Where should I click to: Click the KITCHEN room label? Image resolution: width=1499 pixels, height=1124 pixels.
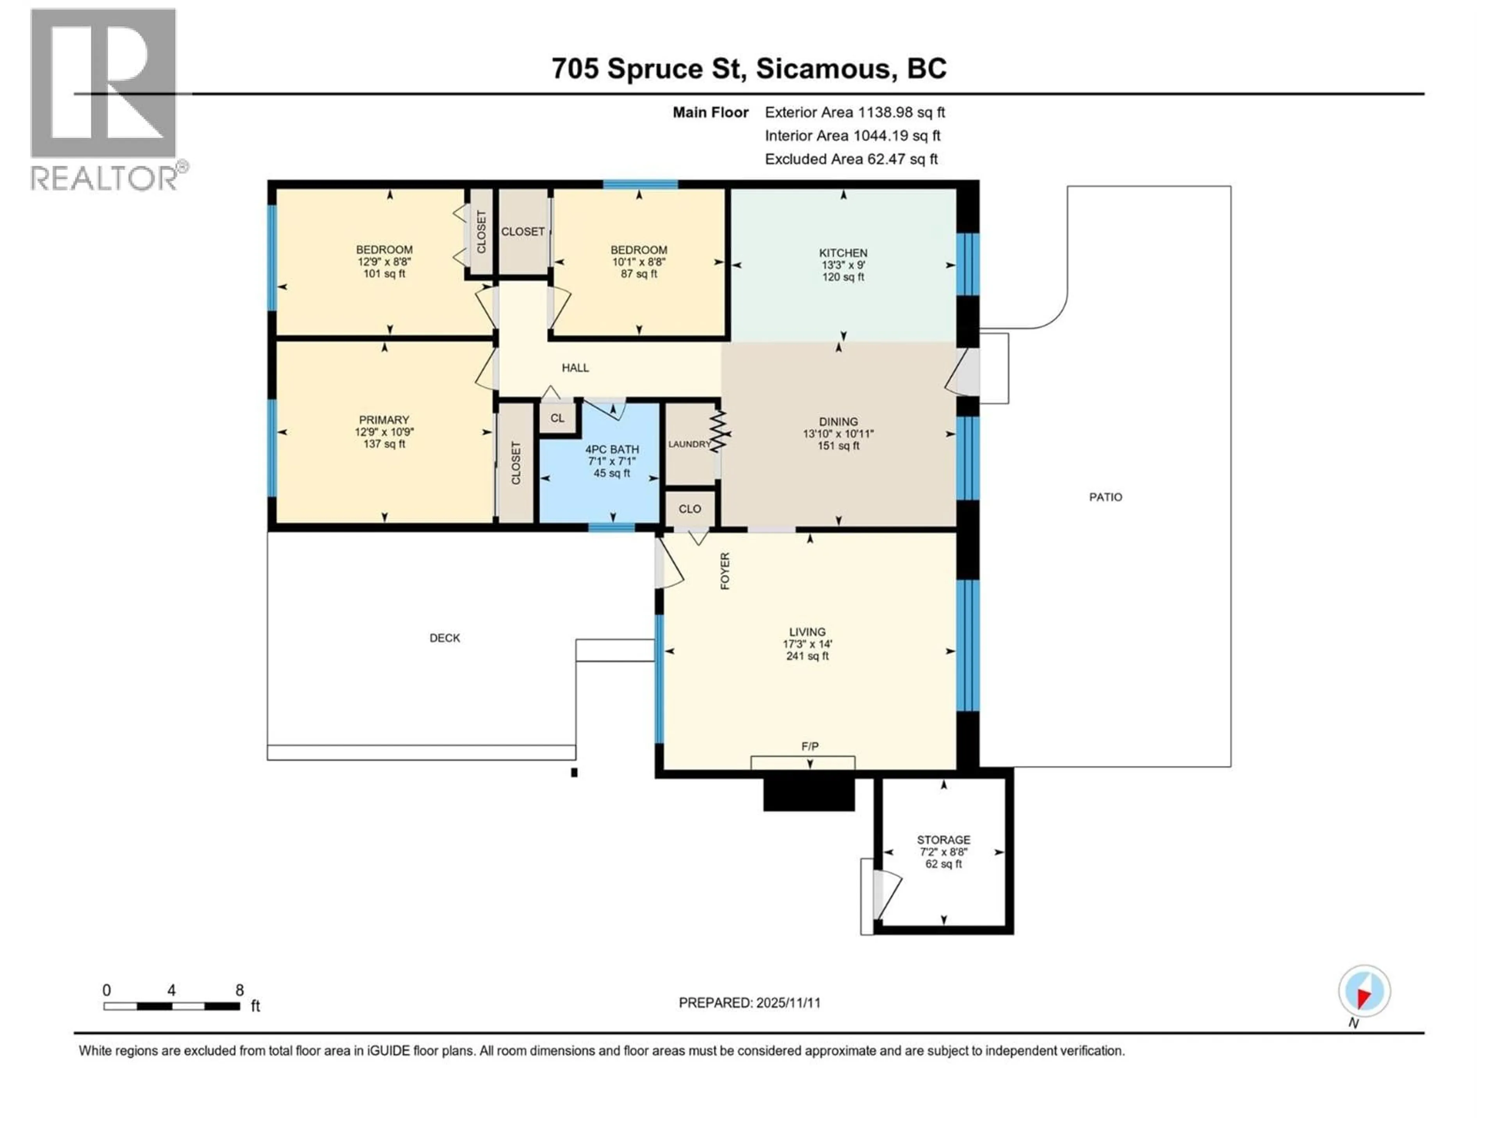pyautogui.click(x=843, y=253)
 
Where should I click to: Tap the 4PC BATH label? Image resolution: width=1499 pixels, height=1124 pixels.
pyautogui.click(x=612, y=449)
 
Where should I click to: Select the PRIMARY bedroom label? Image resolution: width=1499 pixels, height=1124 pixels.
pyautogui.click(x=384, y=420)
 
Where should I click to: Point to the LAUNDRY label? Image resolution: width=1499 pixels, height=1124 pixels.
pyautogui.click(x=689, y=445)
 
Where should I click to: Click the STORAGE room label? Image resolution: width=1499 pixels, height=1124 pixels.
pyautogui.click(x=943, y=839)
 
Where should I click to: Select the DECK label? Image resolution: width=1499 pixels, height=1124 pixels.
pyautogui.click(x=445, y=638)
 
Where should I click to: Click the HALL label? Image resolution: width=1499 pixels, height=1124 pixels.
pyautogui.click(x=575, y=368)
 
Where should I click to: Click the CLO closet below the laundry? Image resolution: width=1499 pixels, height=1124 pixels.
pyautogui.click(x=690, y=509)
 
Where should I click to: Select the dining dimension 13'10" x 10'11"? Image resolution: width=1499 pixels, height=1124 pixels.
pyautogui.click(x=838, y=434)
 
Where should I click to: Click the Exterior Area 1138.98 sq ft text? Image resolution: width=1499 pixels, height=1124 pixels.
pyautogui.click(x=855, y=112)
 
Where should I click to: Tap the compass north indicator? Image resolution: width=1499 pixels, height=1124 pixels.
pyautogui.click(x=1364, y=991)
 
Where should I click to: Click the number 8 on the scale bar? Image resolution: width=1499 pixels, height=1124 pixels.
pyautogui.click(x=239, y=990)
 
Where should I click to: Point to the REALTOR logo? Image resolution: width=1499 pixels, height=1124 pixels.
pyautogui.click(x=105, y=98)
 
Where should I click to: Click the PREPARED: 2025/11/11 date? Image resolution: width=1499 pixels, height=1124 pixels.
pyautogui.click(x=749, y=1003)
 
